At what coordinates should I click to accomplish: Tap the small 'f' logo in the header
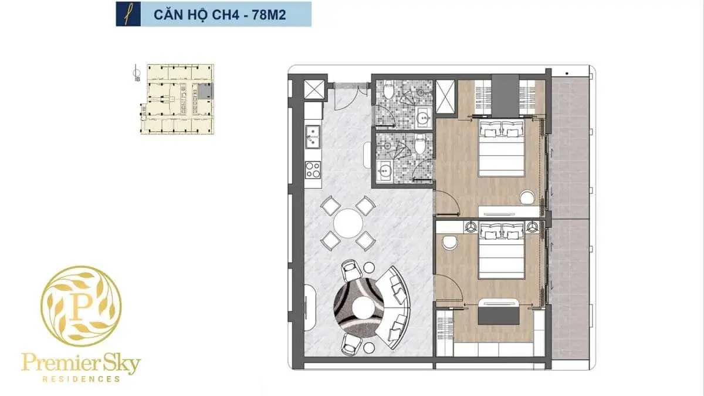click(127, 14)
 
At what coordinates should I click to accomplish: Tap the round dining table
click(348, 223)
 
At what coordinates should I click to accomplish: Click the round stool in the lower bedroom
click(451, 241)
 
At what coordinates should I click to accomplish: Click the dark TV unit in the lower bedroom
click(497, 316)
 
